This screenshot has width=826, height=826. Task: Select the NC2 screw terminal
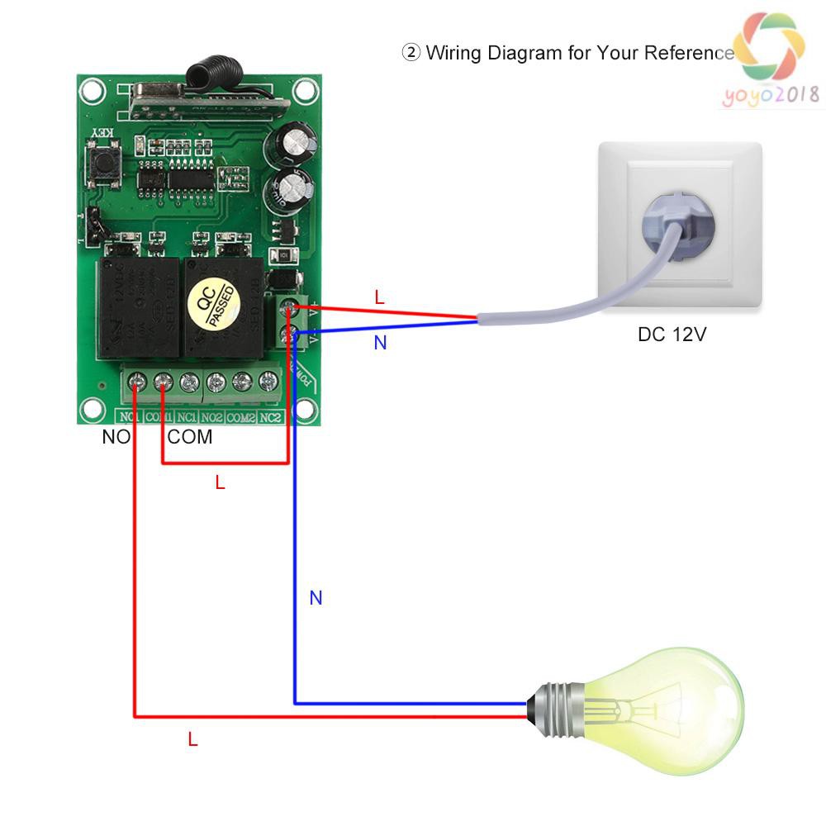click(x=268, y=382)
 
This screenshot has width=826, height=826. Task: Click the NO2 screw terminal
click(x=216, y=382)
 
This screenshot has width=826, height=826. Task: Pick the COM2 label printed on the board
click(x=241, y=417)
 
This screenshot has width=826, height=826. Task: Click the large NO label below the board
click(x=116, y=437)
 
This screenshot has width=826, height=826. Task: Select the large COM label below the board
click(x=190, y=437)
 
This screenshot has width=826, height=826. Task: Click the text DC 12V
click(x=672, y=335)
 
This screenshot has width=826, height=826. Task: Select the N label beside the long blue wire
click(x=316, y=598)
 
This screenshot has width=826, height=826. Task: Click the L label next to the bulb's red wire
click(x=192, y=740)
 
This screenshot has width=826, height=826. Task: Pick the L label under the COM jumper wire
click(x=220, y=483)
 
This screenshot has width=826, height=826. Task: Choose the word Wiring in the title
click(x=454, y=54)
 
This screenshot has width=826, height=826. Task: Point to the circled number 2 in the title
click(x=411, y=54)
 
